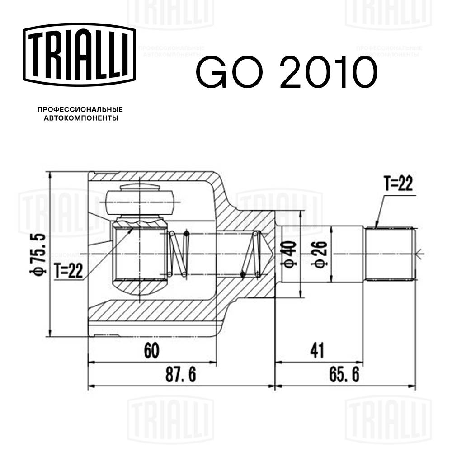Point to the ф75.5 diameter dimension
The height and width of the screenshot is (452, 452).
[x=40, y=253]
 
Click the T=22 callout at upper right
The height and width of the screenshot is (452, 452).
[x=398, y=184]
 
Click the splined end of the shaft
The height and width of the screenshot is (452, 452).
[x=390, y=254]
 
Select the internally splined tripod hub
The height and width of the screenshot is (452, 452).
[x=139, y=253]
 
